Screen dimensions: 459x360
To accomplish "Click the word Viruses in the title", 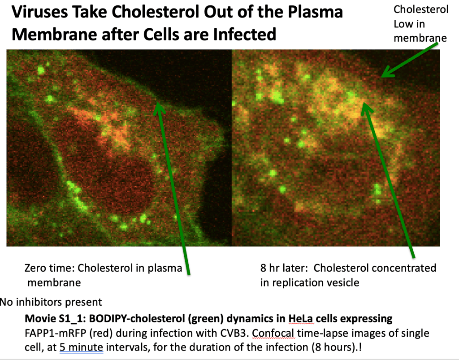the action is pyautogui.click(x=40, y=12).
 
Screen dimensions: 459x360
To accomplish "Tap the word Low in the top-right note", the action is pyautogui.click(x=402, y=24).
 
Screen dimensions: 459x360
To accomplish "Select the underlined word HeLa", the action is pyautogui.click(x=301, y=318).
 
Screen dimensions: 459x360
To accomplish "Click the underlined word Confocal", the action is pyautogui.click(x=273, y=333).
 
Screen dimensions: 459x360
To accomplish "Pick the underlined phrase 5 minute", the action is pyautogui.click(x=82, y=347).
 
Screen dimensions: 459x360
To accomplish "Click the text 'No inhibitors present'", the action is pyautogui.click(x=51, y=302).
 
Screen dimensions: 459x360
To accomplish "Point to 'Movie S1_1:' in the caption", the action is pyautogui.click(x=55, y=318).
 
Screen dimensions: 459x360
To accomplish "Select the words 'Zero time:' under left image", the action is pyautogui.click(x=49, y=268).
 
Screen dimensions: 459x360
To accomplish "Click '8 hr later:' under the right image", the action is pyautogui.click(x=284, y=268).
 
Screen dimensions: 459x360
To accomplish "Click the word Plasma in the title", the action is pyautogui.click(x=315, y=12).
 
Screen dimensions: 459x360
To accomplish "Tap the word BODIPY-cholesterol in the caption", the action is pyautogui.click(x=137, y=318).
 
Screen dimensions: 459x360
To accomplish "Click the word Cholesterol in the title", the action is pyautogui.click(x=156, y=12).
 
